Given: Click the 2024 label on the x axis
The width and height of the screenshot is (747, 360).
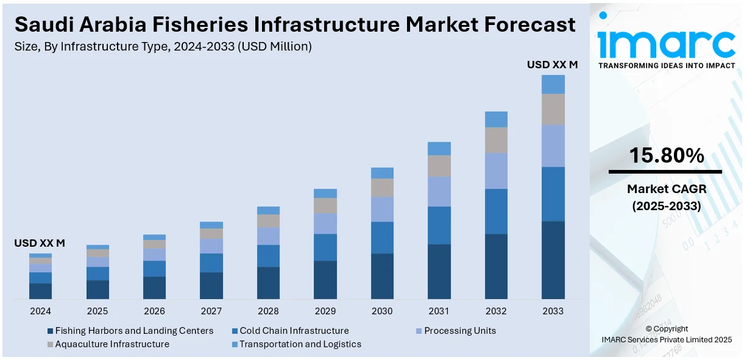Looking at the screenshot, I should [40, 311].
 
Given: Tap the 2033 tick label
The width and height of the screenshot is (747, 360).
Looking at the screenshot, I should [553, 311].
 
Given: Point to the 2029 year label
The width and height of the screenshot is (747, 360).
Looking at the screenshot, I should [325, 311].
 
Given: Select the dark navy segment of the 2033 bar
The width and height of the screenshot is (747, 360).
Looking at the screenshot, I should [553, 260].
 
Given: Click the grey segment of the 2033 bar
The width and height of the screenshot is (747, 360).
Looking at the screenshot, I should [553, 110].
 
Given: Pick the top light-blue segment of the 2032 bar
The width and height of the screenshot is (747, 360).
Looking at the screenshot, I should [496, 119].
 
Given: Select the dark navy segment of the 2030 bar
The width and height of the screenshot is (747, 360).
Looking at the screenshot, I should [382, 277].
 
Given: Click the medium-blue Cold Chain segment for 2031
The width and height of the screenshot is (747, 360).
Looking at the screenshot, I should [439, 225].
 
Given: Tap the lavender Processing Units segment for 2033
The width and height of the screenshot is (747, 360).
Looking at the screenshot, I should [553, 146].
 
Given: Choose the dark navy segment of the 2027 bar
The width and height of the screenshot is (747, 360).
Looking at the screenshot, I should [211, 286].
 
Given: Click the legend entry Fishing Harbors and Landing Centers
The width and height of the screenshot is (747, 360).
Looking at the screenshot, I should [134, 331].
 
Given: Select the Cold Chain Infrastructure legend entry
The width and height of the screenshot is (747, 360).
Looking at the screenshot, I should [294, 331].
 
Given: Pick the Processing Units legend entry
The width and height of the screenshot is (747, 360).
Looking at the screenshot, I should [459, 331].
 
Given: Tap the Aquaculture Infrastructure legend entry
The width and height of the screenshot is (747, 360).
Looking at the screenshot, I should [112, 344].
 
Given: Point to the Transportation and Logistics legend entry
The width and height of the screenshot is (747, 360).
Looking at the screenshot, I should [300, 344].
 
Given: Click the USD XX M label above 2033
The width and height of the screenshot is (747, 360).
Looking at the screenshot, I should [552, 64].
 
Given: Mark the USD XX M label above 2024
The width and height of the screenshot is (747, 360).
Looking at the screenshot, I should [40, 243].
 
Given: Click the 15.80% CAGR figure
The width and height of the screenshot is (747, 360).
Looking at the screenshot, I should [666, 156].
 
